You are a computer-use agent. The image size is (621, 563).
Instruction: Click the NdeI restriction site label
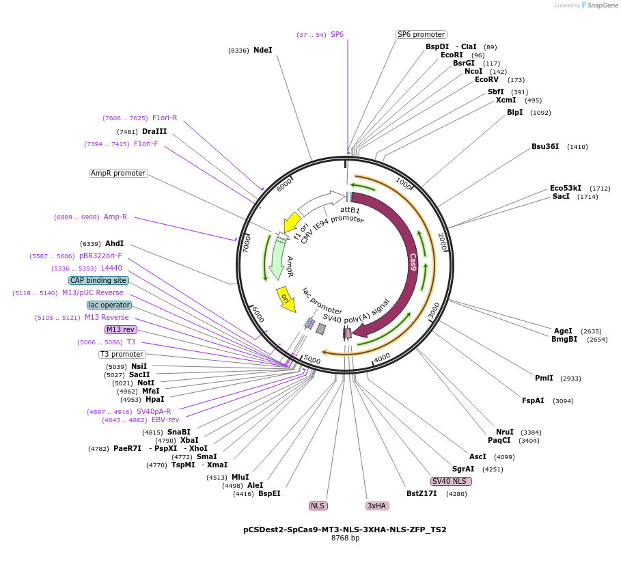pos(262,50)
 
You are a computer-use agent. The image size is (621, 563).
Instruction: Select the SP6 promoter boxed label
pos(421,34)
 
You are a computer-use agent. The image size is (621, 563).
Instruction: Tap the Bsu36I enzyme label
pos(545,146)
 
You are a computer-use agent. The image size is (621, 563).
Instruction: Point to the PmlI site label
pos(544,378)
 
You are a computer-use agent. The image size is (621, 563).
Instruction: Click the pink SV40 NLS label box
pos(451,481)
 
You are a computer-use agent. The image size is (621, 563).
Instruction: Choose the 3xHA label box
pos(377,506)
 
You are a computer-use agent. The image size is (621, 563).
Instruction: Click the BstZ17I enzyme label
pos(422,493)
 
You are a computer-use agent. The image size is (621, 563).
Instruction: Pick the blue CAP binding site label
pos(98,280)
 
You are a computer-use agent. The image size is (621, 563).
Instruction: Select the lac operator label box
pos(109,305)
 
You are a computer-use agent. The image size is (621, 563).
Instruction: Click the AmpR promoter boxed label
pos(118,173)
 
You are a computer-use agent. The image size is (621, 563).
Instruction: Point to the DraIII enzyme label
pos(154,131)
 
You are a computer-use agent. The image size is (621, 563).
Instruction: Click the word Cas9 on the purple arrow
pos(413,262)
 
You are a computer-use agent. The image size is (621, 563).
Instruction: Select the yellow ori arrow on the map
pos(286,299)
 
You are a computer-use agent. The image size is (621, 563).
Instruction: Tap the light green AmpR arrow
pos(277,260)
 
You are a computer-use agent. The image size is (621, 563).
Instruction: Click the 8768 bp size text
pos(345,538)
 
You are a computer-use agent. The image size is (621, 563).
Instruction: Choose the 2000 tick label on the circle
pos(441,241)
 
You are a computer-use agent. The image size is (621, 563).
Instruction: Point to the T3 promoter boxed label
pos(122,354)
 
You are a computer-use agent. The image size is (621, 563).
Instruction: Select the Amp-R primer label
pos(115,217)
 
